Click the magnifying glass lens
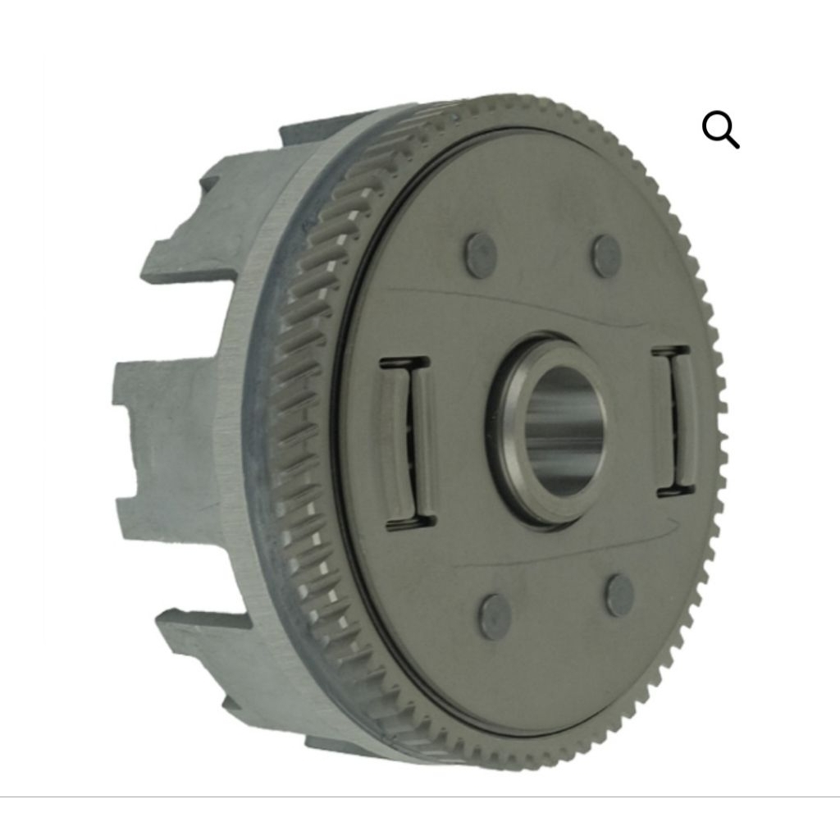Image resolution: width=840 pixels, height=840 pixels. click(x=717, y=126)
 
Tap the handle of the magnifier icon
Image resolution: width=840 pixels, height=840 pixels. click(x=733, y=143)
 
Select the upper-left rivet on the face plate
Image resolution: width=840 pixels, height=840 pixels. click(x=481, y=254)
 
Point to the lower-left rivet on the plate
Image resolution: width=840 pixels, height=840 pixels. click(x=495, y=617)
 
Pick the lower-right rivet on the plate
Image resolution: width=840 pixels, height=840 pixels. click(x=620, y=596)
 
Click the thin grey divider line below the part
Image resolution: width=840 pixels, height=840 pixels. click(x=420, y=797)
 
